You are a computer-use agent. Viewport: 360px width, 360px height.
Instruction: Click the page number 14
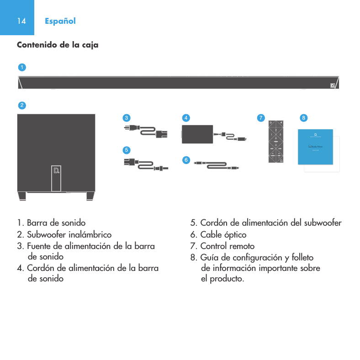[x=21, y=21]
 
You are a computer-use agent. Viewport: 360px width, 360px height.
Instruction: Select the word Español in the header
[x=60, y=21]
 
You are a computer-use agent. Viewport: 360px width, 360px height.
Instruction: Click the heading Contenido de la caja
[x=58, y=45]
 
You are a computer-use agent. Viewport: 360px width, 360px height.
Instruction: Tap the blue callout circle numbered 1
[x=21, y=67]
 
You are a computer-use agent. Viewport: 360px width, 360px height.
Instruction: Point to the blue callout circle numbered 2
[x=21, y=105]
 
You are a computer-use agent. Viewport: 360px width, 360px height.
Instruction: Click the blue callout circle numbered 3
[x=126, y=118]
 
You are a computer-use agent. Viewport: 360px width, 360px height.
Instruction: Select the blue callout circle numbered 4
[x=186, y=118]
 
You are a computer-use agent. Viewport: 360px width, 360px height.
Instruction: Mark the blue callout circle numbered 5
[x=126, y=149]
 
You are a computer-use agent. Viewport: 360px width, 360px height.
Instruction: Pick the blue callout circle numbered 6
[x=186, y=159]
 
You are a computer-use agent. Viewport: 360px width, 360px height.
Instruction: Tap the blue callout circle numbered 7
[x=260, y=118]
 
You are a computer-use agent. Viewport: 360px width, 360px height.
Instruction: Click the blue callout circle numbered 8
[x=303, y=118]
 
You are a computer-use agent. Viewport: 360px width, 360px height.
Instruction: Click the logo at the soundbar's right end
[x=333, y=85]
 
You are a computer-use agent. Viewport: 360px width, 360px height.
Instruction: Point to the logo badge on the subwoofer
[x=56, y=171]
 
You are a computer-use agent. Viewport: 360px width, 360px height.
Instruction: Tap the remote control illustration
[x=276, y=141]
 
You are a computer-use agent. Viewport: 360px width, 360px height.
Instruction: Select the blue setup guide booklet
[x=315, y=146]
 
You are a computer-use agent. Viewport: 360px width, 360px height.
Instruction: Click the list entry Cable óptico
[x=218, y=235]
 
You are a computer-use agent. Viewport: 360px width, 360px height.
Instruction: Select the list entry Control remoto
[x=222, y=246]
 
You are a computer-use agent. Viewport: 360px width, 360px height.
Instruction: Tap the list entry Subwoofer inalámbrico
[x=64, y=235]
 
